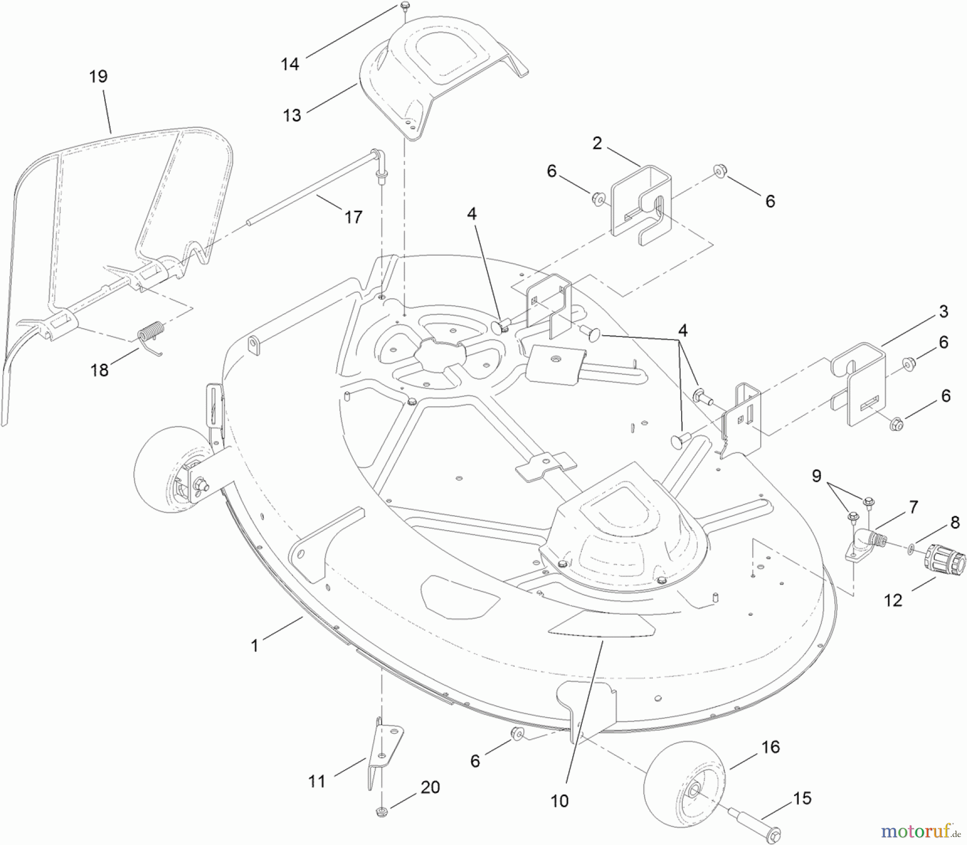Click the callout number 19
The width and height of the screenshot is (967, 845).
click(x=98, y=76)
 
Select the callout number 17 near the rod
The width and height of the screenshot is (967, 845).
click(x=353, y=217)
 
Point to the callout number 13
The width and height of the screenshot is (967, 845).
click(x=292, y=115)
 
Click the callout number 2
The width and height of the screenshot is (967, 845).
click(x=597, y=143)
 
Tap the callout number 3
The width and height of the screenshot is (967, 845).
click(x=943, y=312)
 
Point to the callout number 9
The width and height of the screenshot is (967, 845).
click(x=816, y=476)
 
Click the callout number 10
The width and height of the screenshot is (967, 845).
click(x=559, y=801)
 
